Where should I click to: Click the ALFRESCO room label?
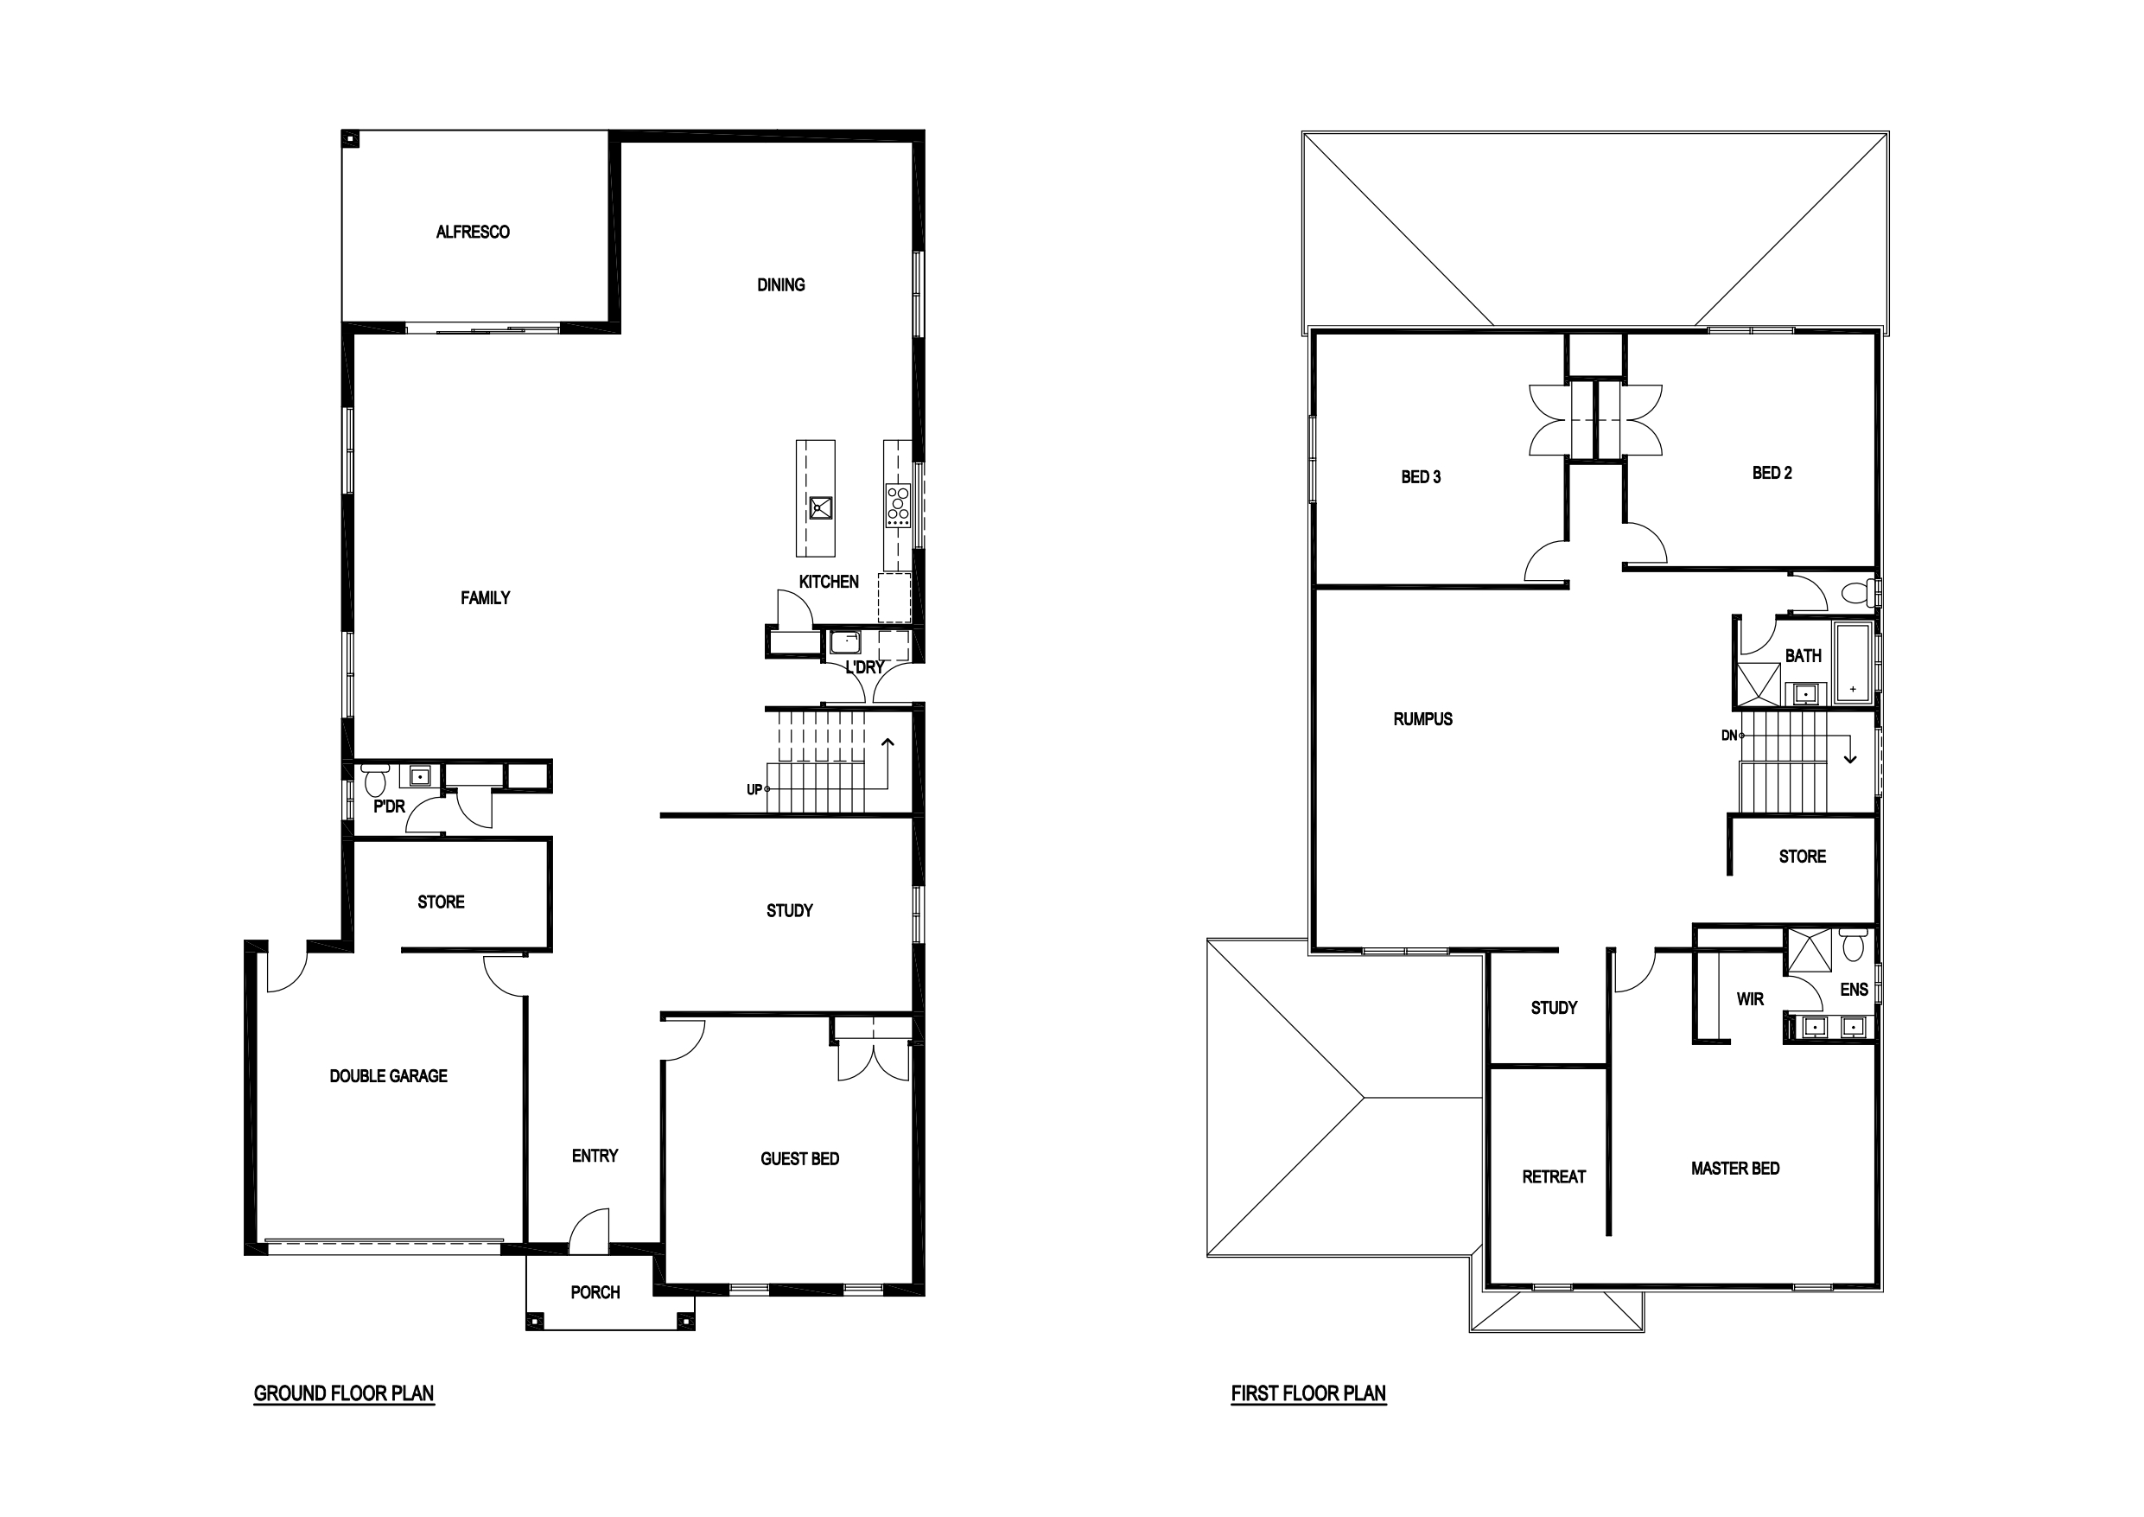click(x=473, y=232)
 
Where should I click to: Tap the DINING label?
click(x=780, y=285)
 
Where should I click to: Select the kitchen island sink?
click(x=821, y=508)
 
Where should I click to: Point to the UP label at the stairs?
click(x=754, y=790)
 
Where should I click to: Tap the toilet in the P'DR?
click(x=376, y=777)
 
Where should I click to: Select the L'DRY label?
click(x=865, y=668)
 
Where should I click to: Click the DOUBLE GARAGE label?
click(x=389, y=1076)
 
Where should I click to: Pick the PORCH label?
click(x=595, y=1293)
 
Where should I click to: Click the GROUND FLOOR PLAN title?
click(x=344, y=1393)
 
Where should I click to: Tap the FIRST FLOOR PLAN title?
click(x=1308, y=1393)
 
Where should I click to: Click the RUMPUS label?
click(x=1423, y=719)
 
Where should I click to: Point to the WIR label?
click(x=1750, y=999)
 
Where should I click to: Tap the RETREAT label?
click(x=1554, y=1177)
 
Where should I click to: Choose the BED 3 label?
click(x=1422, y=477)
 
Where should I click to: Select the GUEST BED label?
click(x=799, y=1159)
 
